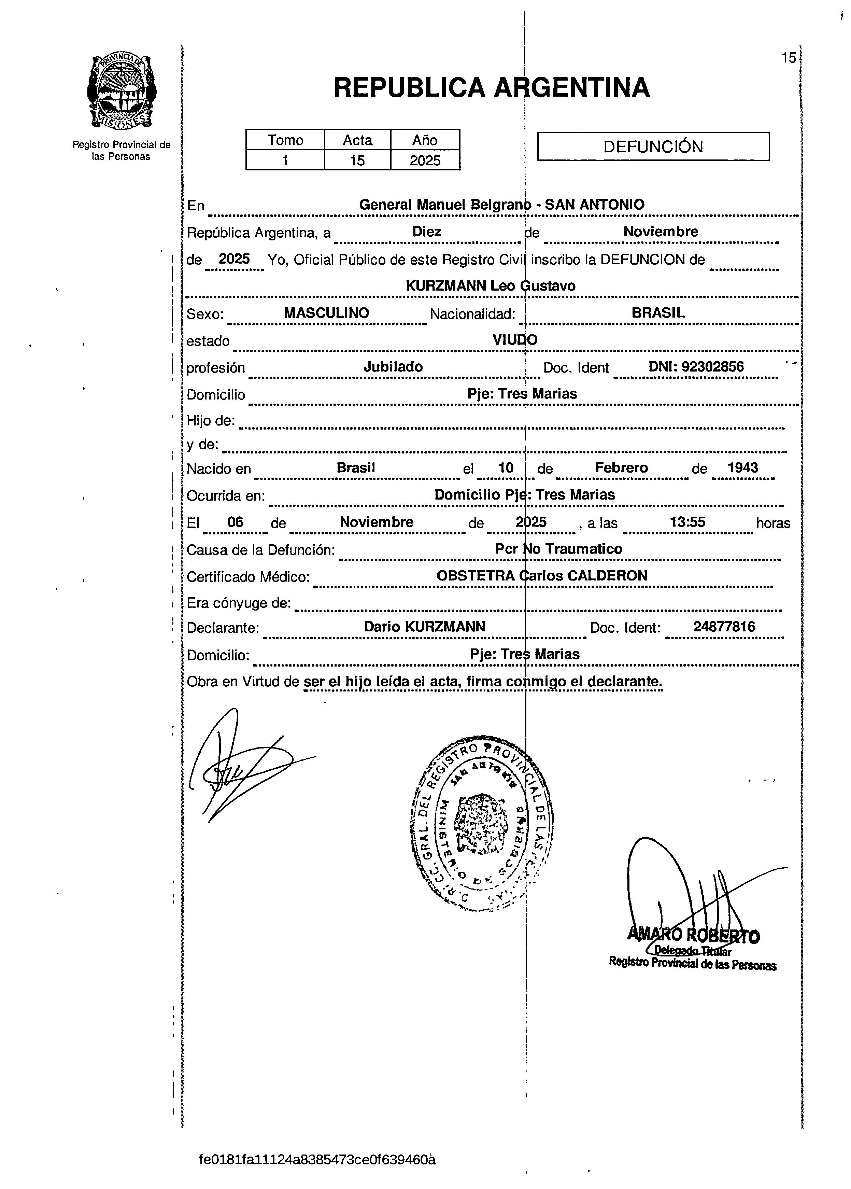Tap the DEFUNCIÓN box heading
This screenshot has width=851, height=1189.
[653, 146]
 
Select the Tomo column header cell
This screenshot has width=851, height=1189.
[285, 140]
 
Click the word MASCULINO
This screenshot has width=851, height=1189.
[326, 313]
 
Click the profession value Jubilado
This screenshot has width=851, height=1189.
[393, 366]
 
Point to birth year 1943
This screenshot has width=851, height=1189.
[742, 467]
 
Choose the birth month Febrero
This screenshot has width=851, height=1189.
[622, 467]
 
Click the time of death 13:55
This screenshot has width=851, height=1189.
[687, 522]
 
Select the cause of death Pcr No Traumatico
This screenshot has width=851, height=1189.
[558, 549]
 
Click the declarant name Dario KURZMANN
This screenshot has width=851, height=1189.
[424, 627]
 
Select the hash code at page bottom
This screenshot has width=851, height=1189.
[317, 1159]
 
